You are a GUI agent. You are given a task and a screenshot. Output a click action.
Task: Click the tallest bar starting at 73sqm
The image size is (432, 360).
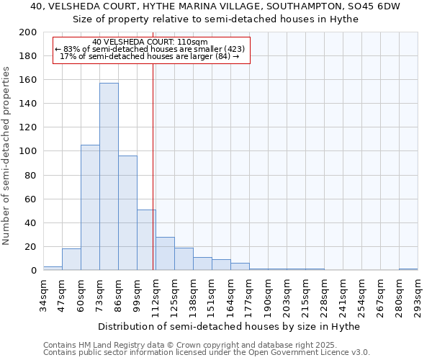click(x=109, y=176)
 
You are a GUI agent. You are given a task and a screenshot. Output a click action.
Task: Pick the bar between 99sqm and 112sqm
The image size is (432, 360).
click(x=146, y=240)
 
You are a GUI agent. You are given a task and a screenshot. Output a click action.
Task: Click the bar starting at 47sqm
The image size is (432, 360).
click(x=71, y=259)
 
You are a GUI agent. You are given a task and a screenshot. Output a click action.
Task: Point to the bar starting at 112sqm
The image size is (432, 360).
click(x=165, y=253)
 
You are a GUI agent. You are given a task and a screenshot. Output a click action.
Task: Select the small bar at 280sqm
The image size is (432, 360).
click(x=408, y=269)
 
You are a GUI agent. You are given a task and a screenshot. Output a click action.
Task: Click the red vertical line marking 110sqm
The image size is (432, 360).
click(x=153, y=180)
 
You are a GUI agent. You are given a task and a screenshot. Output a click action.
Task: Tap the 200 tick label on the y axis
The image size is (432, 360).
click(x=28, y=32)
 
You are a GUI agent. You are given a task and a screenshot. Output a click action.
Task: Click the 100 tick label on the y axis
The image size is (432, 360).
click(x=28, y=151)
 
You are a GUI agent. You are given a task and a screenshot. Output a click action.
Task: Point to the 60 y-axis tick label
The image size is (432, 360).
click(x=31, y=199)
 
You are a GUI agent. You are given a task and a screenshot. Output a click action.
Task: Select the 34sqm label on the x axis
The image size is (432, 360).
click(x=43, y=293)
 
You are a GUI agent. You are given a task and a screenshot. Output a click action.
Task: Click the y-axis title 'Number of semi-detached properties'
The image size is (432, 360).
click(x=7, y=156)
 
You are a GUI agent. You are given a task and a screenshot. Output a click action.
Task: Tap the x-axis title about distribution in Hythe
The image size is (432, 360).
click(x=228, y=326)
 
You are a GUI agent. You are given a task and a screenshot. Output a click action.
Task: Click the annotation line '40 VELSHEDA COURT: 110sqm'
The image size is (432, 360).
click(x=150, y=42)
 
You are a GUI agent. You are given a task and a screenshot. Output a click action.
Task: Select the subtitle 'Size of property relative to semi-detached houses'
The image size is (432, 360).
click(x=215, y=19)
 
